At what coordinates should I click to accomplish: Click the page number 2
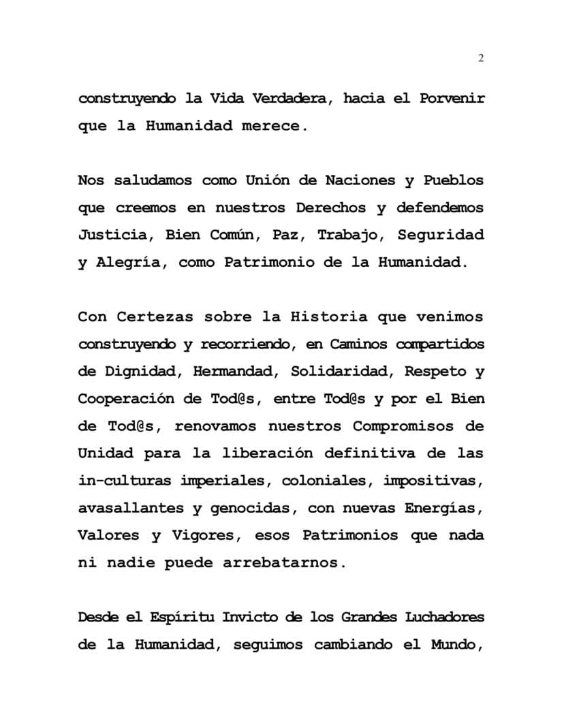point(481,59)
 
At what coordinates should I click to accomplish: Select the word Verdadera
point(290,99)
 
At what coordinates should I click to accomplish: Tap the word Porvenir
point(452,99)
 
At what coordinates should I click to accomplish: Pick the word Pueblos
point(453,181)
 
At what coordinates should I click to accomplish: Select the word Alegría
point(129,263)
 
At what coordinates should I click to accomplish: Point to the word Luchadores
point(445,617)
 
